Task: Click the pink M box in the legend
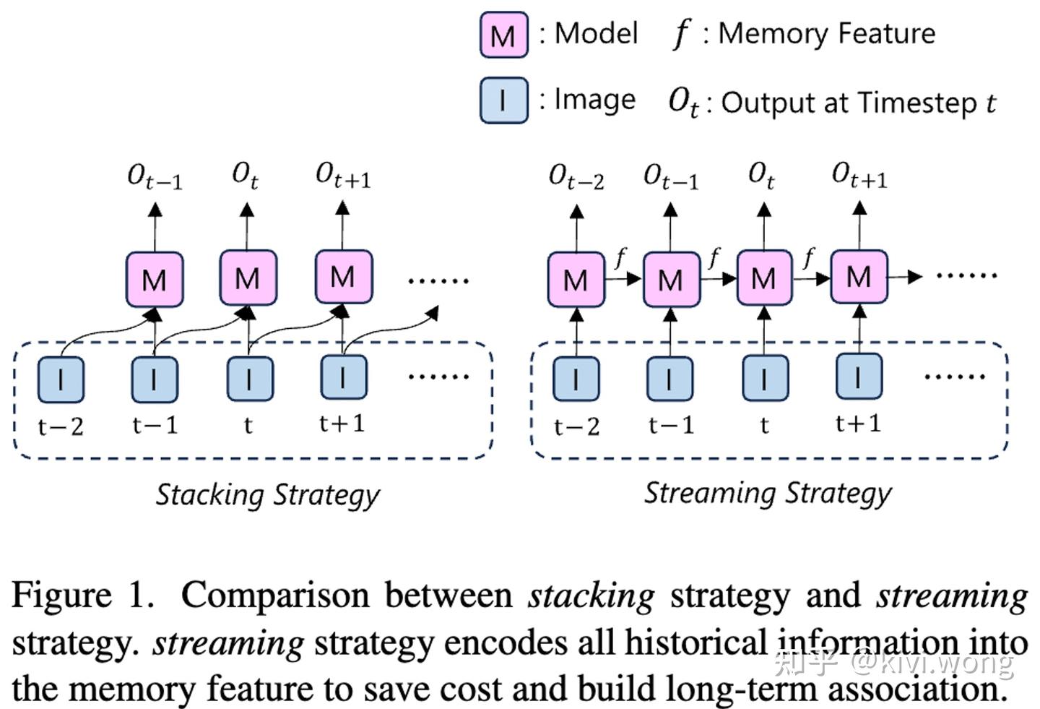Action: pos(503,35)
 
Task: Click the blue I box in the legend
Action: pos(503,100)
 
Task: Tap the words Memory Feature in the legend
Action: pos(826,34)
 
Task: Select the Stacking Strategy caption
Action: pos(267,496)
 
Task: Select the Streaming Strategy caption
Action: pos(768,494)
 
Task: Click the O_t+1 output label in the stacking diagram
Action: pos(343,176)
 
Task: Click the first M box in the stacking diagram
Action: pos(155,279)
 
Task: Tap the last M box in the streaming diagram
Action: pos(859,277)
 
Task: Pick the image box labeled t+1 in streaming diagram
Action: pos(859,377)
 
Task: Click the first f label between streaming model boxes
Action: pos(620,257)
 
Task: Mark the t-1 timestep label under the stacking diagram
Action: pos(155,425)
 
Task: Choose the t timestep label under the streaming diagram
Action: pos(764,426)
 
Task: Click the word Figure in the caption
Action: pos(62,596)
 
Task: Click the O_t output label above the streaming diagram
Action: pos(761,176)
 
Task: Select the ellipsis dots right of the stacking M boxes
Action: pos(438,280)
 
